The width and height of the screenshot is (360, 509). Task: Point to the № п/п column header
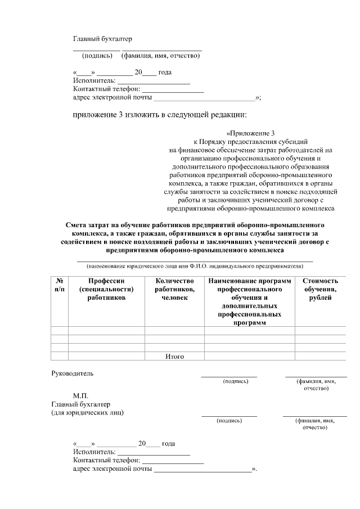tap(59, 285)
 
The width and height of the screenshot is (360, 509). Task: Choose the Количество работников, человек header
tap(174, 289)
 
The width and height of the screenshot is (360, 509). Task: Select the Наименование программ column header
tap(249, 301)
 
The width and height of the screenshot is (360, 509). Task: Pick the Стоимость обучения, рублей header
tap(320, 289)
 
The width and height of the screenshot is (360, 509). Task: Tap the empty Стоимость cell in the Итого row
tap(320, 356)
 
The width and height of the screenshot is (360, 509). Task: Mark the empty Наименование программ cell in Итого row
tap(249, 356)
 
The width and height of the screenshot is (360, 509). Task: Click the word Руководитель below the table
tap(73, 373)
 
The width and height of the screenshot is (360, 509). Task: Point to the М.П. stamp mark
tap(80, 396)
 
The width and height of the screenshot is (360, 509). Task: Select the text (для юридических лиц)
tap(88, 412)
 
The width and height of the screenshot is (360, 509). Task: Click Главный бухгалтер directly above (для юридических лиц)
tap(81, 404)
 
